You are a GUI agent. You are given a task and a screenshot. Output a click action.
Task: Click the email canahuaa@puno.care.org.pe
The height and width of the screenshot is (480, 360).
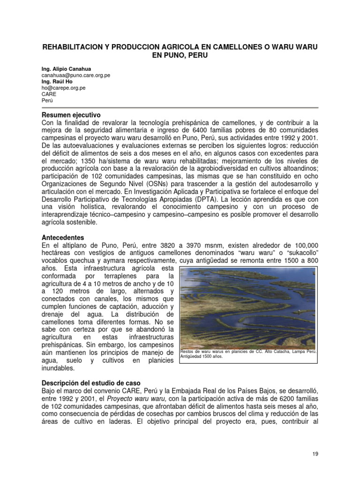click(x=75, y=75)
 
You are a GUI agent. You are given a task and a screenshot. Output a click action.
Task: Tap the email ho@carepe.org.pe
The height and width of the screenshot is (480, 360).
click(x=63, y=88)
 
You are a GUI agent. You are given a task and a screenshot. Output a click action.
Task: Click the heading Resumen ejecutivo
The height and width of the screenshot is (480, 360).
click(x=71, y=115)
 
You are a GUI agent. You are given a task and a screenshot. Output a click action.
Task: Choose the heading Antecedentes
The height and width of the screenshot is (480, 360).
click(x=63, y=237)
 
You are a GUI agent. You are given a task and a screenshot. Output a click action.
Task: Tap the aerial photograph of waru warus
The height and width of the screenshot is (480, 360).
click(x=248, y=307)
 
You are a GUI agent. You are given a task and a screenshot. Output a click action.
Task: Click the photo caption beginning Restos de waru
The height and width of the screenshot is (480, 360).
click(x=248, y=353)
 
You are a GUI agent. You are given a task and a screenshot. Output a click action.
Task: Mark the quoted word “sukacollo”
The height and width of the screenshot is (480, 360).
click(x=299, y=253)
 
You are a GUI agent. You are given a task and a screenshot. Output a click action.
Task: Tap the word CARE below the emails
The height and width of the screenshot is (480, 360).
click(x=49, y=94)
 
